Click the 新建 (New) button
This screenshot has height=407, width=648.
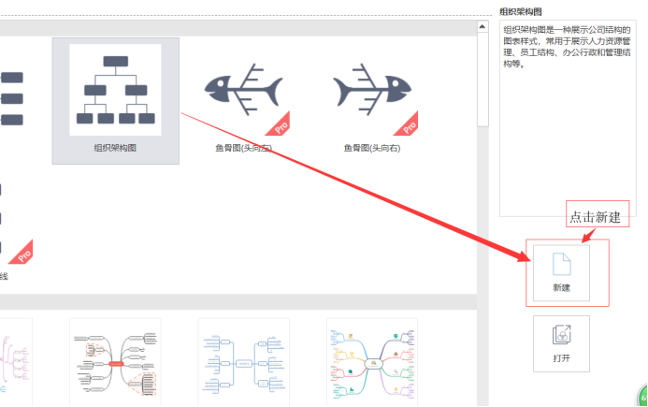tap(561, 273)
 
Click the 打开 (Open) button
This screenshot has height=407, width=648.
tap(561, 343)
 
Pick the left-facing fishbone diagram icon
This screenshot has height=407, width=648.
tap(243, 89)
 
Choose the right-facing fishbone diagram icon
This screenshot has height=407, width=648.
tap(372, 89)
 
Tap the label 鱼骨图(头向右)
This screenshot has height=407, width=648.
tap(372, 148)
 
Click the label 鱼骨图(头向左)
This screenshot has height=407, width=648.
tap(243, 148)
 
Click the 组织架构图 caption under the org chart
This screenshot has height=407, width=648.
tap(115, 148)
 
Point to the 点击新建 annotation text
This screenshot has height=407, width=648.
tap(595, 217)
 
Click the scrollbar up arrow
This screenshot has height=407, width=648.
tap(482, 27)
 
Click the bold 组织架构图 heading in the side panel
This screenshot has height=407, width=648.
tap(521, 11)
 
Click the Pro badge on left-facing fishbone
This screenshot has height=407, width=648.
tap(279, 125)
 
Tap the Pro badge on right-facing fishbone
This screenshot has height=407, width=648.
tap(407, 125)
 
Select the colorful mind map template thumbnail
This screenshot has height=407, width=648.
tap(372, 362)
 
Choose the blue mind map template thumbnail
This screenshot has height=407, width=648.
tap(243, 362)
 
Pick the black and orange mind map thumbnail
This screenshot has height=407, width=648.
tap(115, 362)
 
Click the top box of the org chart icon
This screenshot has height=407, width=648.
tap(116, 61)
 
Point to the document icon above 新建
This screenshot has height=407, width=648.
tap(562, 264)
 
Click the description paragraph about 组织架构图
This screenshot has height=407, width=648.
tap(567, 47)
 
